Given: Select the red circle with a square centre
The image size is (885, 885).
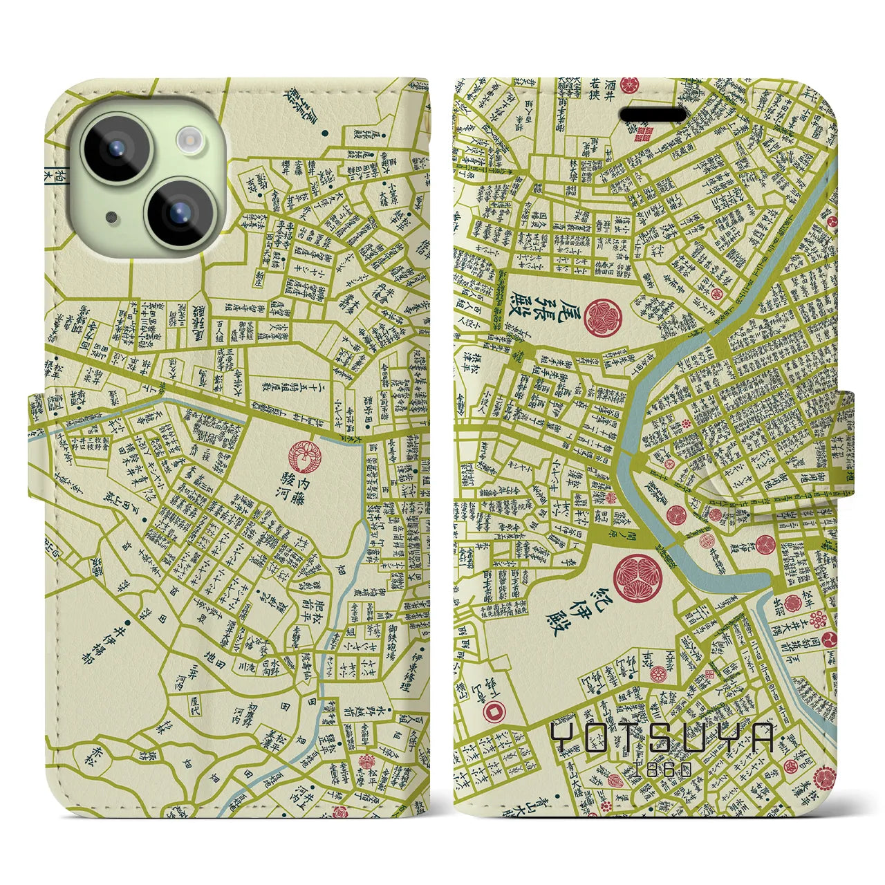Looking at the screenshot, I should pyautogui.click(x=494, y=709).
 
